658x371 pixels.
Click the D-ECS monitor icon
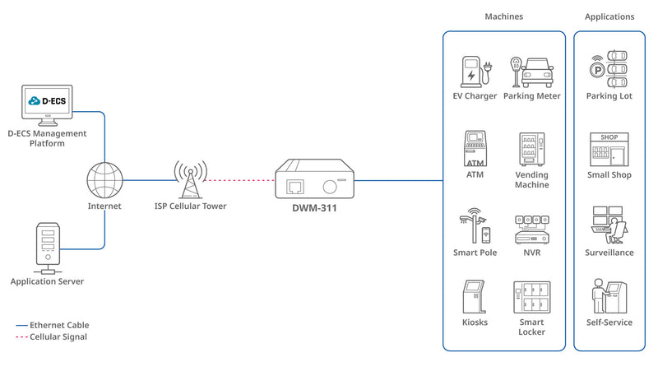[46, 105]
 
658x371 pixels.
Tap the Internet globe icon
[104, 179]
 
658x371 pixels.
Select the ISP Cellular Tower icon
[190, 179]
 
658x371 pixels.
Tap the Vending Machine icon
[531, 149]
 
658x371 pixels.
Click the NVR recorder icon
[531, 229]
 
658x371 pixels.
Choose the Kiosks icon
[475, 297]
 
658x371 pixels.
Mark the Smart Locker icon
[531, 297]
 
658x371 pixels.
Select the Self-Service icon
[609, 297]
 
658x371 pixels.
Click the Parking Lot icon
[609, 71]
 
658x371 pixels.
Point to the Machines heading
[503, 16]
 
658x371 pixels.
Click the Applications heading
[609, 16]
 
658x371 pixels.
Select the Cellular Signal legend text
[58, 336]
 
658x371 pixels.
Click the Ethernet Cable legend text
[59, 325]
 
